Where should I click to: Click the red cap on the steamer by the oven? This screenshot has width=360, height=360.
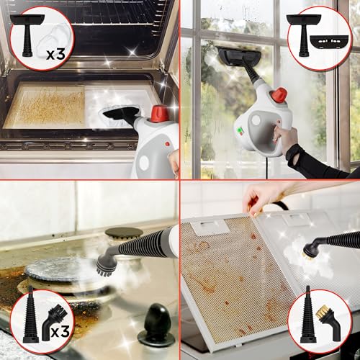click(160, 113)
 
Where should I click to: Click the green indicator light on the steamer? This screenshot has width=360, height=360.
click(238, 131)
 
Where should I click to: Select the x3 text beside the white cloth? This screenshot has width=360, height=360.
click(55, 54)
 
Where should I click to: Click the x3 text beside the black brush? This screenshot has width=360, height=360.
click(60, 331)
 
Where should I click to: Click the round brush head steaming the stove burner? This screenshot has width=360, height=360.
click(106, 265)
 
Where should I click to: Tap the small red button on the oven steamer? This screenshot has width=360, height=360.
click(167, 144)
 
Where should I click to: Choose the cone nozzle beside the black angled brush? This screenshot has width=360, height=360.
click(31, 315)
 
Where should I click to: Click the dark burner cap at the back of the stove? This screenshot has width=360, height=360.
click(124, 233)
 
